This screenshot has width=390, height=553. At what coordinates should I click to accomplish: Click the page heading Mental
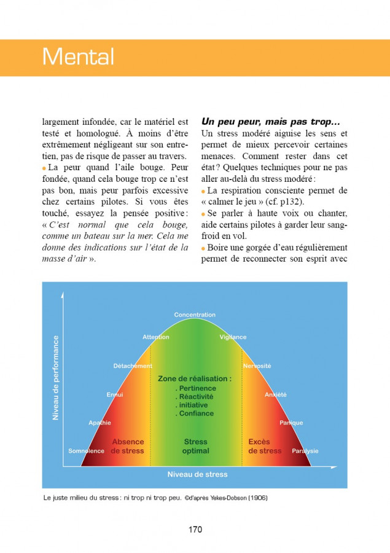pos(78,57)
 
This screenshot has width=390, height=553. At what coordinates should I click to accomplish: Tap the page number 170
pos(195,530)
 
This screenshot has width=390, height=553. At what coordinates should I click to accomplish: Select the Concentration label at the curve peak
pos(195,315)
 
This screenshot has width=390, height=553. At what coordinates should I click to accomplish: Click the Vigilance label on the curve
pos(233,337)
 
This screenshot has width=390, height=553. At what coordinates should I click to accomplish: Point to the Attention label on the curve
pos(156,337)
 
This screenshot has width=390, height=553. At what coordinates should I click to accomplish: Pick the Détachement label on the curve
pos(133,366)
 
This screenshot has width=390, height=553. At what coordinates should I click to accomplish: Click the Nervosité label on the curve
pos(257,366)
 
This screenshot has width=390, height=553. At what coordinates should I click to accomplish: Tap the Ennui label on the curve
pos(115,394)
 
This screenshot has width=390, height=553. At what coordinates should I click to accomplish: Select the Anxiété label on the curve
pos(275,394)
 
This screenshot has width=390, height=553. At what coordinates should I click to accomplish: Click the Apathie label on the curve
pos(99,423)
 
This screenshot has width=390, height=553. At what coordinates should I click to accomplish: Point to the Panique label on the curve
pos(291,423)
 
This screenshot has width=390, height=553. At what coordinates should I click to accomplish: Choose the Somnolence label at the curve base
pos(86,451)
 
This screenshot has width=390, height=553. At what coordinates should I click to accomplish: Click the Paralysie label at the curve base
pos(305,451)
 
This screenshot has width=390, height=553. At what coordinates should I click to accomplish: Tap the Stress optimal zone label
pos(195,446)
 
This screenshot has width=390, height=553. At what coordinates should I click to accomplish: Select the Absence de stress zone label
pos(128,446)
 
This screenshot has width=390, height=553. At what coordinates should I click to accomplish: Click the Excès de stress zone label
pos(265,446)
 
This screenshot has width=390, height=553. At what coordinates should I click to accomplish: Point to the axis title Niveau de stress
pos(197,474)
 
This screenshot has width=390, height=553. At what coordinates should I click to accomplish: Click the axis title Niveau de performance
pos(56,377)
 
